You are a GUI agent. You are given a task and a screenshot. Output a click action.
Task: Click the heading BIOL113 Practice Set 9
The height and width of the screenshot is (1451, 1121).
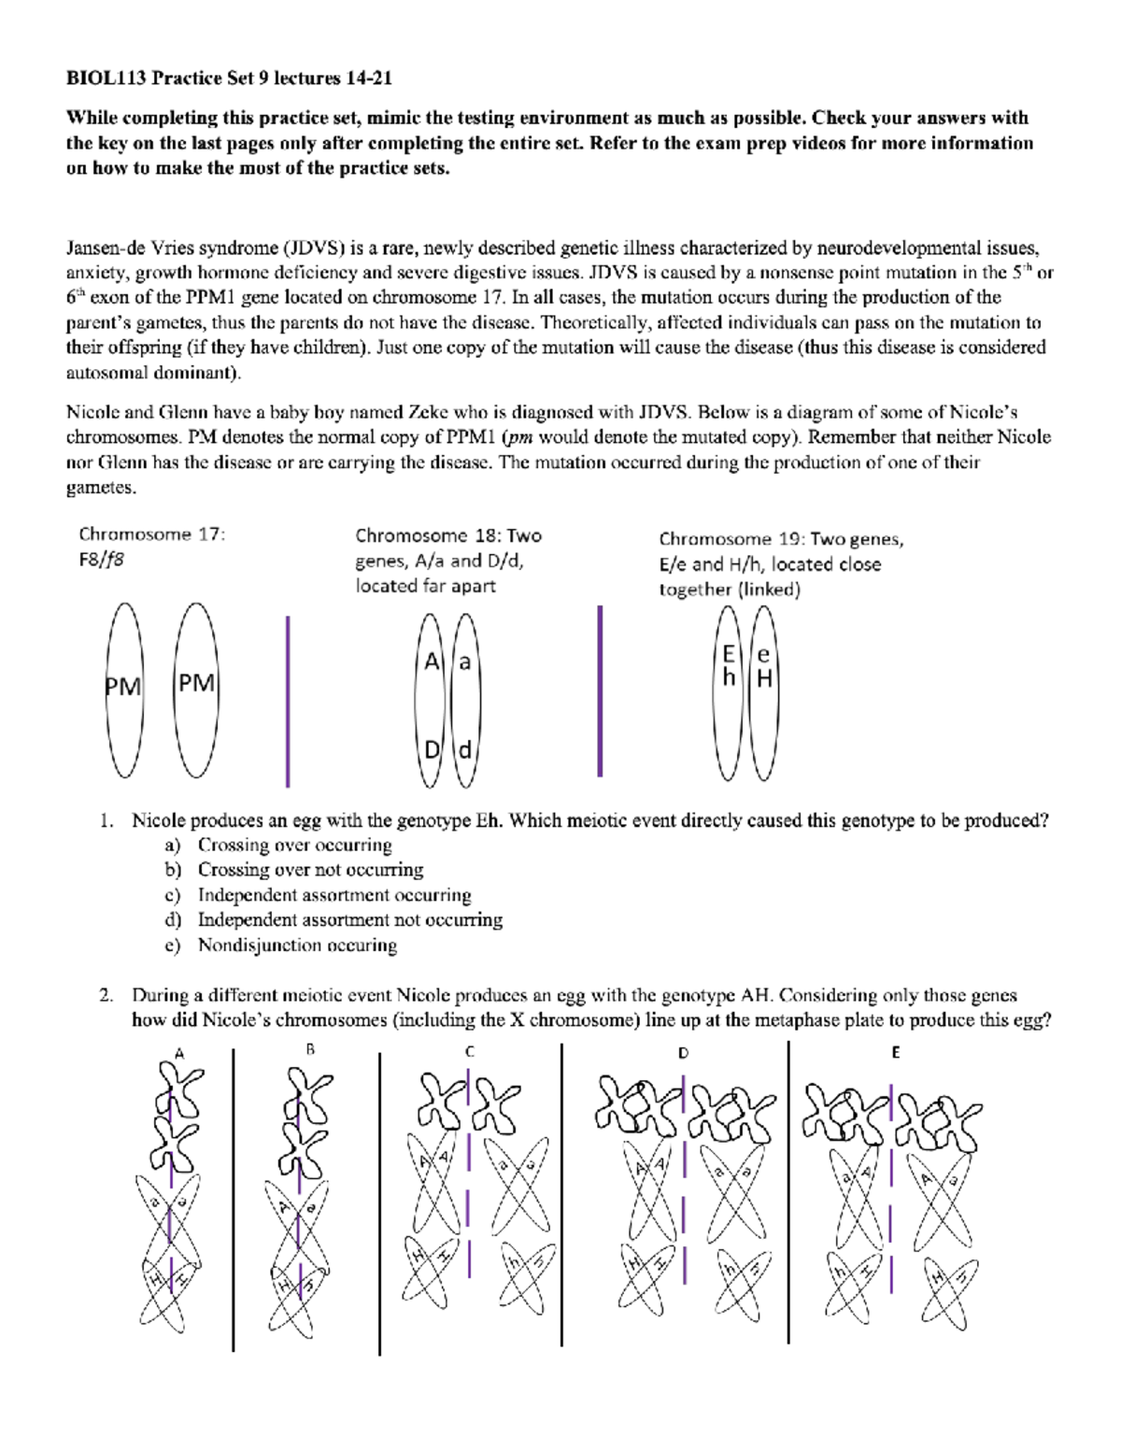(x=228, y=78)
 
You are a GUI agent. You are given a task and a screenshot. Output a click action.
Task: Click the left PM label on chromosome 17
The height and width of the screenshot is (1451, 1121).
(x=122, y=688)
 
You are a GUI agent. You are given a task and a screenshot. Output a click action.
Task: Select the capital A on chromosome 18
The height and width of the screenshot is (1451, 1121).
(x=432, y=662)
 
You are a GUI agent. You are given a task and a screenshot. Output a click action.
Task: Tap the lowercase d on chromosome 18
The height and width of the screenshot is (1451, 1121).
(x=464, y=750)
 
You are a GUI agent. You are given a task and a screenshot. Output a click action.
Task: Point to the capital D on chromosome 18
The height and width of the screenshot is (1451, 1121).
(x=432, y=749)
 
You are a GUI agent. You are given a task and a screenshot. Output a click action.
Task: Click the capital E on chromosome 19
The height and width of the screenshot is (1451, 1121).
(x=729, y=655)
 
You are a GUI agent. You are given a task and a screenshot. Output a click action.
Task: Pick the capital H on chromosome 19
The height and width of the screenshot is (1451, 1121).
(x=764, y=679)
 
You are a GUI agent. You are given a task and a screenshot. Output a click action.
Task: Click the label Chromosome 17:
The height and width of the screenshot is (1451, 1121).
(x=151, y=534)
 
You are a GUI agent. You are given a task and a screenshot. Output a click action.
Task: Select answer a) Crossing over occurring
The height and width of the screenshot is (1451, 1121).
(x=294, y=845)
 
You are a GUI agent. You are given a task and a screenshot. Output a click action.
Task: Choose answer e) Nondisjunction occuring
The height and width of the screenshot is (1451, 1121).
(x=296, y=946)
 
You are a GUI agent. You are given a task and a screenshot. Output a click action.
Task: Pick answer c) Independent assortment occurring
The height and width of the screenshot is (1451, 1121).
(x=333, y=895)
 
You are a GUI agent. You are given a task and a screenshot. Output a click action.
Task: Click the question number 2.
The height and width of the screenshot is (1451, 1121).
(x=106, y=995)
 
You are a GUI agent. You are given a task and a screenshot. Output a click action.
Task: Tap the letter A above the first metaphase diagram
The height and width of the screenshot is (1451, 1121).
(x=179, y=1053)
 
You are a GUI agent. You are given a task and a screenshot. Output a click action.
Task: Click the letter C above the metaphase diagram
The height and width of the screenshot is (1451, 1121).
(x=470, y=1051)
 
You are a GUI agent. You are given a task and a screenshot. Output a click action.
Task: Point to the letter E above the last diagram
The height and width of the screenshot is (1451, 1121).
(x=895, y=1052)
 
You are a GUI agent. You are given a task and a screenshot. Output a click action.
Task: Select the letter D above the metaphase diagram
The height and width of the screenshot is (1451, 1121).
(x=683, y=1052)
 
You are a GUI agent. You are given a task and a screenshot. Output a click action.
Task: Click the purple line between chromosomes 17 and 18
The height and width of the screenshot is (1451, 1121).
(x=287, y=701)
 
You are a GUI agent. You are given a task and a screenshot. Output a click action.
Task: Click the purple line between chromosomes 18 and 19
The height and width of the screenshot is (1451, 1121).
(x=600, y=691)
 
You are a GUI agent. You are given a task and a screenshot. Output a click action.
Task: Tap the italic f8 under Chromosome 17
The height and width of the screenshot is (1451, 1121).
(x=114, y=560)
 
